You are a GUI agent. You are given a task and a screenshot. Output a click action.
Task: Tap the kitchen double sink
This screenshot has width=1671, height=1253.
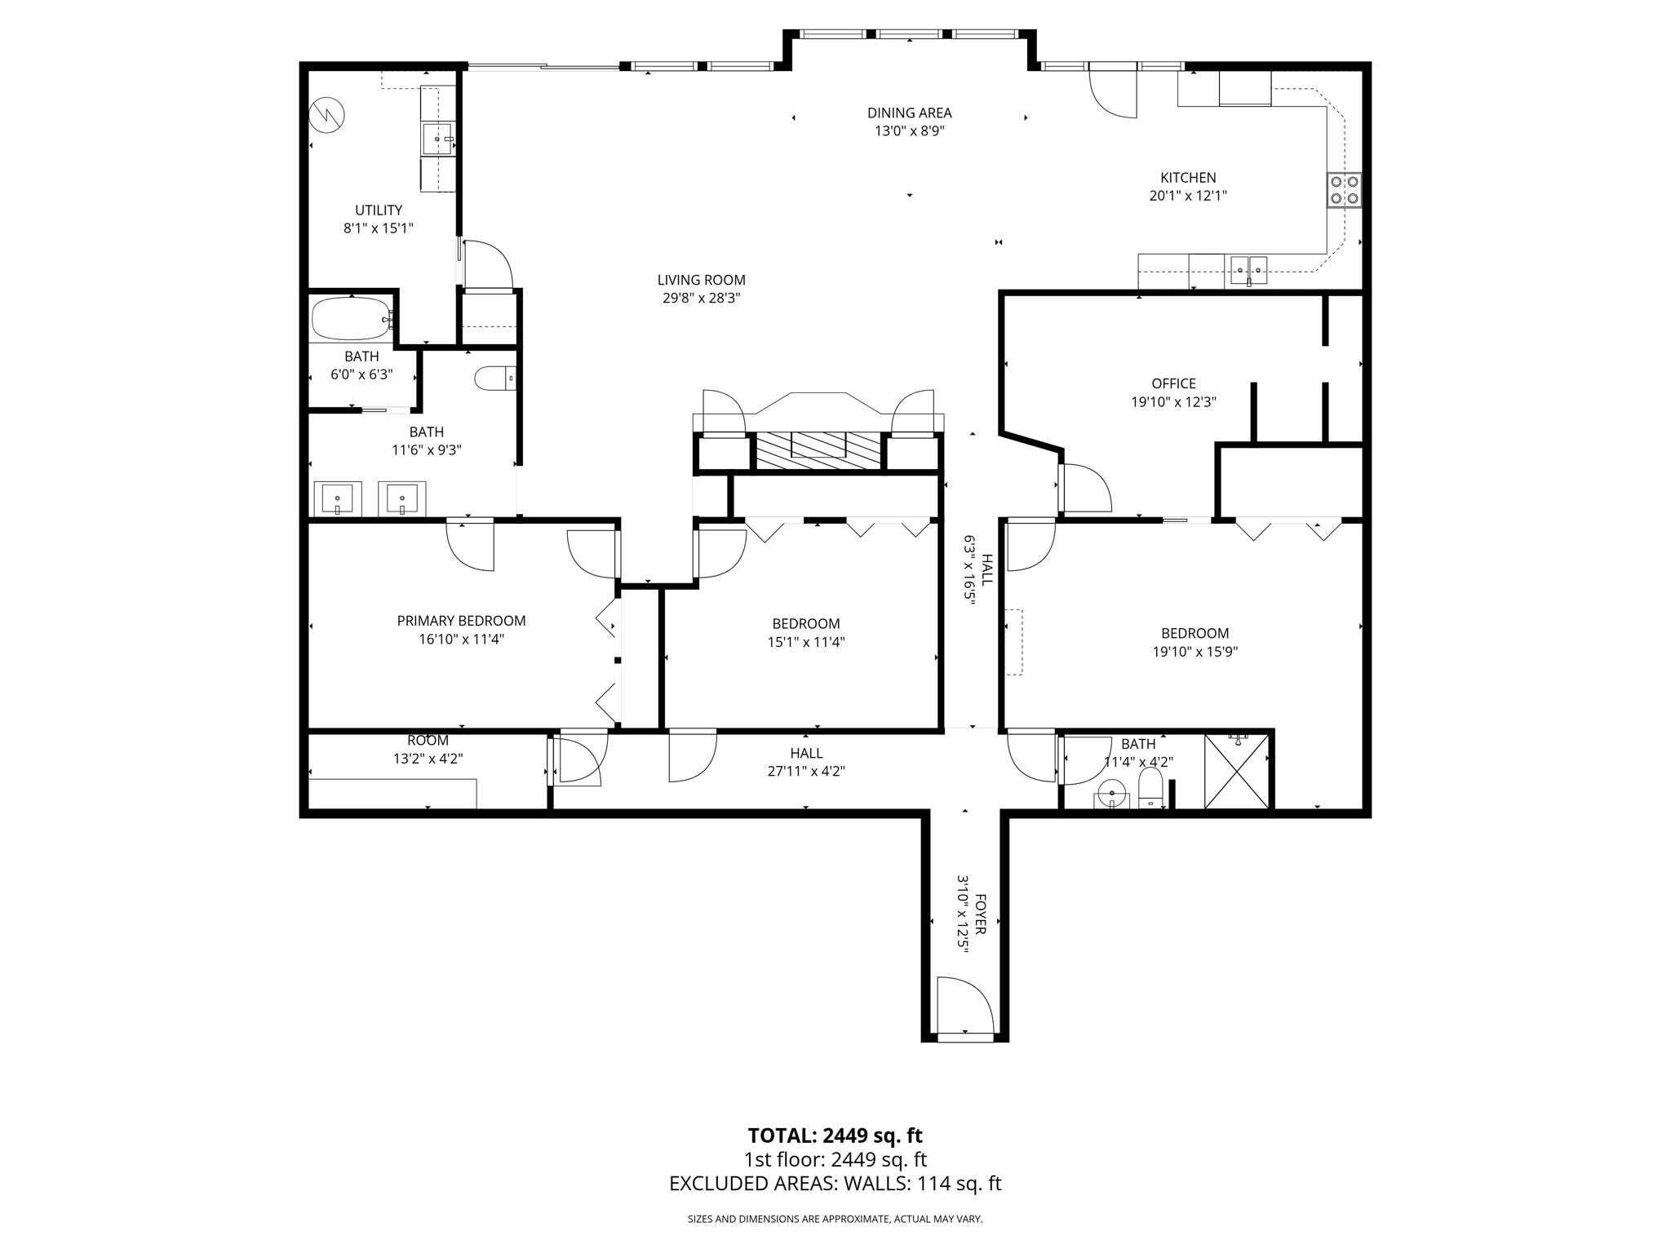[x=1248, y=269]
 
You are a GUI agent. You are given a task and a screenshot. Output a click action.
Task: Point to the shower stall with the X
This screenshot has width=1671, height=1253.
[x=1237, y=772]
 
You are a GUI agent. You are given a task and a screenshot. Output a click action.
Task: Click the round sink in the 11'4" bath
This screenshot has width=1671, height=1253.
[x=1111, y=793]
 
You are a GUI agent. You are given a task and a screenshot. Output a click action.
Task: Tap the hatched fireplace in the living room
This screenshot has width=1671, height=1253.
[x=818, y=450]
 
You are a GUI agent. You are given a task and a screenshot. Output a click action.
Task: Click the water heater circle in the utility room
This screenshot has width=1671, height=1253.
[x=327, y=115]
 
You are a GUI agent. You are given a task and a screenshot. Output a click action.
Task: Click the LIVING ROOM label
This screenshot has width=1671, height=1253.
[x=701, y=280]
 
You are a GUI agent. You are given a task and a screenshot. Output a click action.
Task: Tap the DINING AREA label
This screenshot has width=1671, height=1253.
[x=909, y=113]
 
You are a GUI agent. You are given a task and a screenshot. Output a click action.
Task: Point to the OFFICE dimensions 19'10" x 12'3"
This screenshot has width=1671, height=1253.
[x=1173, y=402]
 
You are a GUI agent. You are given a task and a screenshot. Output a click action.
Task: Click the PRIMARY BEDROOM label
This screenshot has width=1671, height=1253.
[x=461, y=621]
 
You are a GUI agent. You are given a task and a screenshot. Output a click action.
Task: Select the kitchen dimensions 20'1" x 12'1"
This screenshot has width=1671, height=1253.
[x=1188, y=196]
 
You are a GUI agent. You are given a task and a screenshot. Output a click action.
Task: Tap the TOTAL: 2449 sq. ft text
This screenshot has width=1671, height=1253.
[x=835, y=1135]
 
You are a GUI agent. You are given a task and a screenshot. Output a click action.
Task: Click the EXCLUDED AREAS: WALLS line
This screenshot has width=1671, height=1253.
[x=835, y=1184]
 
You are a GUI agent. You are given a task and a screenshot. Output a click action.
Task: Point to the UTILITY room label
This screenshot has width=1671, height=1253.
[x=379, y=210]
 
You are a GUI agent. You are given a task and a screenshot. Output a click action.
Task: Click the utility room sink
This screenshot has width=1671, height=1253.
[x=437, y=139]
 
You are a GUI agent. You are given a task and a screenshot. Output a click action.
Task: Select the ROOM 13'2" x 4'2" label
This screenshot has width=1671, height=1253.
[x=428, y=750]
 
